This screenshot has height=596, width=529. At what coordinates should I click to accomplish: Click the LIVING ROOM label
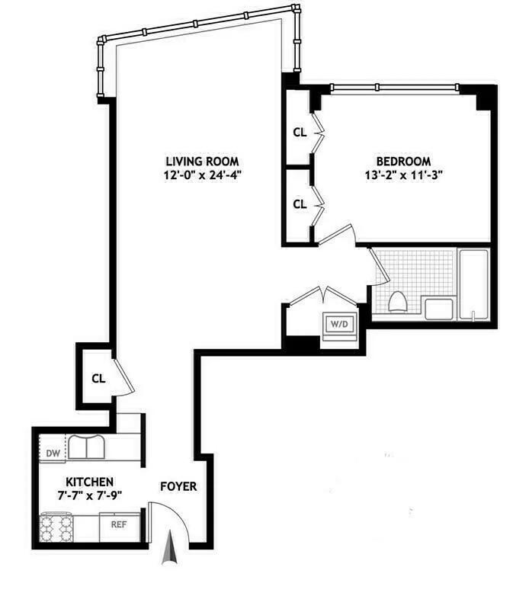(202, 161)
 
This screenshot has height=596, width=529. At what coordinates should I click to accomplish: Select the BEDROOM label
(403, 162)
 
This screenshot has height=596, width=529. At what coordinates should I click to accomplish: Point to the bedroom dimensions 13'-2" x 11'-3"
(403, 175)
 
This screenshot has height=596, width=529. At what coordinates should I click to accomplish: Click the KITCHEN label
(89, 482)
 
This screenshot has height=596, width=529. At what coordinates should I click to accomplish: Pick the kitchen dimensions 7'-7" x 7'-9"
(89, 495)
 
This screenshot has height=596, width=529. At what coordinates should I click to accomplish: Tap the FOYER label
(178, 486)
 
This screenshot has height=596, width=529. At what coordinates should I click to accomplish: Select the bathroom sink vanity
(440, 308)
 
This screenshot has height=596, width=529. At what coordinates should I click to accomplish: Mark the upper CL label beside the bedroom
(300, 132)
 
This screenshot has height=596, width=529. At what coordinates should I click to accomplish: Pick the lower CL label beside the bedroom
(300, 203)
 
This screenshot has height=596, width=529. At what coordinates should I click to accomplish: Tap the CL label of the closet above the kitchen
(98, 378)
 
